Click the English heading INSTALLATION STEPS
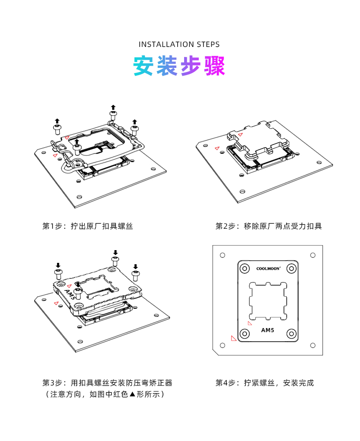179,44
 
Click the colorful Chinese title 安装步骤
179,67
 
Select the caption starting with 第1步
87,226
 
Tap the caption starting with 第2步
268,226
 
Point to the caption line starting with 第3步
107,383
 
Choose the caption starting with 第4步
264,383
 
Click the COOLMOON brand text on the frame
267,269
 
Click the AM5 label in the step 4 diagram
267,330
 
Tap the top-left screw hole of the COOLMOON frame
245,269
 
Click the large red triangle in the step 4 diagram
234,338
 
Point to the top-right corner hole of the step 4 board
313,255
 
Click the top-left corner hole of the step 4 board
222,255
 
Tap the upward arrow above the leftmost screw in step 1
57,121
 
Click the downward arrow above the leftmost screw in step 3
58,265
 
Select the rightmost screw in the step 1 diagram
134,129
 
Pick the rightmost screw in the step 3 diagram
135,273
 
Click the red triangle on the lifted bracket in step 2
240,134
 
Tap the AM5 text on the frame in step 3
71,294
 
